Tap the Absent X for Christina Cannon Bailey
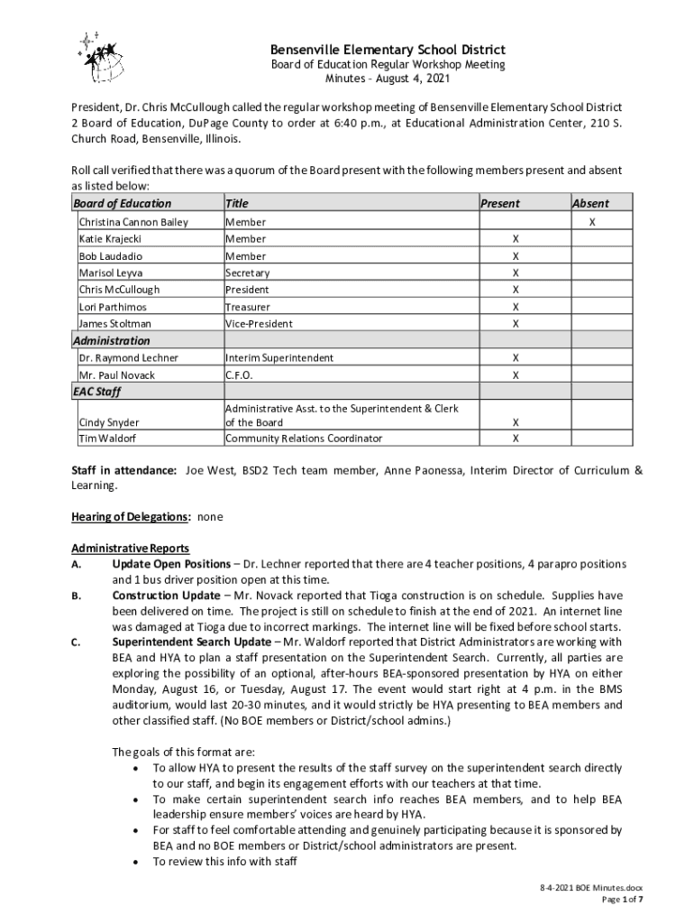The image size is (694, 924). click(x=591, y=222)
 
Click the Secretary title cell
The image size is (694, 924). click(x=247, y=273)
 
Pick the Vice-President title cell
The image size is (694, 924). click(x=259, y=323)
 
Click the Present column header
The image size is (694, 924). click(x=499, y=204)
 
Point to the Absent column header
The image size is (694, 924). click(x=590, y=204)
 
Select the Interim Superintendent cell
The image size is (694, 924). click(x=279, y=358)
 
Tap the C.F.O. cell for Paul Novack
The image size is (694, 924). click(x=239, y=375)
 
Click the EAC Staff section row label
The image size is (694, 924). click(x=96, y=393)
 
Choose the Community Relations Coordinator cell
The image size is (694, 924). click(x=303, y=439)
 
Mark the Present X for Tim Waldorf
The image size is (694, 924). click(x=515, y=439)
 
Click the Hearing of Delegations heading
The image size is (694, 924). click(x=131, y=517)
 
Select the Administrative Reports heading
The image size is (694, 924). click(x=131, y=549)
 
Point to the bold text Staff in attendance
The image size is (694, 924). click(x=123, y=470)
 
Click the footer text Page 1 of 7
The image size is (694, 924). click(x=622, y=900)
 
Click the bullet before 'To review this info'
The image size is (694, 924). click(x=134, y=863)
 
